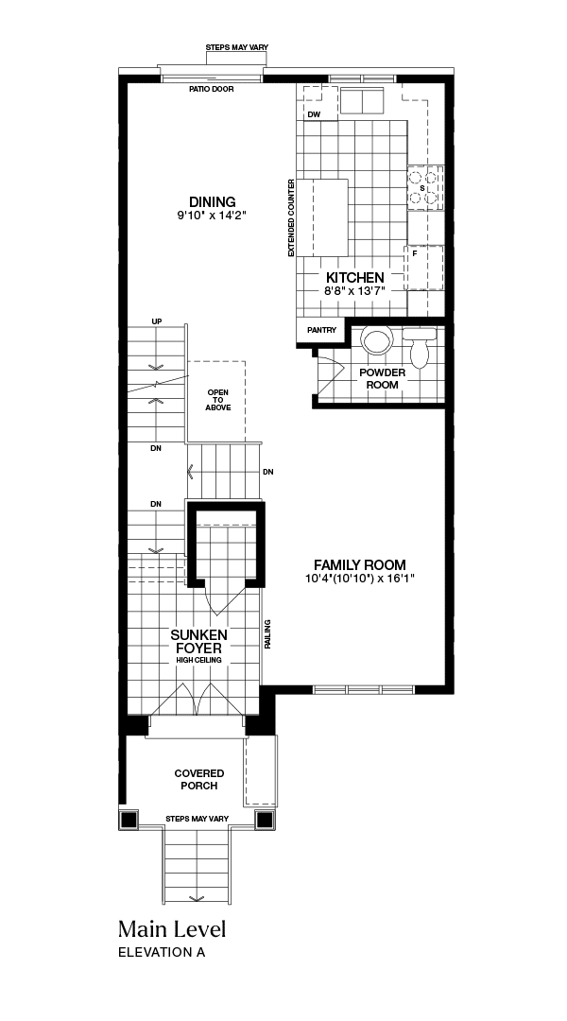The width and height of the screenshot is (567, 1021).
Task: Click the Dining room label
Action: pyautogui.click(x=213, y=202)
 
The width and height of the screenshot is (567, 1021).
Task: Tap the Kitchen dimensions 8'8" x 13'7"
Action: pyautogui.click(x=355, y=291)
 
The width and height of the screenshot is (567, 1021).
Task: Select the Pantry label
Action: pyautogui.click(x=321, y=330)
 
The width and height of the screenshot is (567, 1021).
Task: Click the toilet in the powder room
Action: pyautogui.click(x=420, y=346)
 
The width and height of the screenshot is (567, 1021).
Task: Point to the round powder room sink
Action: pyautogui.click(x=377, y=341)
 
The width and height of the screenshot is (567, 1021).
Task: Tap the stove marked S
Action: pyautogui.click(x=425, y=188)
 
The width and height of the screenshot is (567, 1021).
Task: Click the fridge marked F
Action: pyautogui.click(x=423, y=268)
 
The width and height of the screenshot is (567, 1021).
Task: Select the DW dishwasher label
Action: pyautogui.click(x=315, y=114)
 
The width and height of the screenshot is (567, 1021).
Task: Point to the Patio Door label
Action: pyautogui.click(x=212, y=89)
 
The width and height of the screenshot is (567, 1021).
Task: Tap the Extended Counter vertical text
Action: pyautogui.click(x=291, y=217)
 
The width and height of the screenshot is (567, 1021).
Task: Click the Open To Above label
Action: pyautogui.click(x=218, y=400)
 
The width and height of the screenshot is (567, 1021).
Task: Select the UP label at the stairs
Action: pyautogui.click(x=156, y=321)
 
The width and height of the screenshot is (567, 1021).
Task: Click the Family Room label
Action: pyautogui.click(x=359, y=565)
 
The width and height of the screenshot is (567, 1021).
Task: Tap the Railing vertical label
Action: pyautogui.click(x=267, y=634)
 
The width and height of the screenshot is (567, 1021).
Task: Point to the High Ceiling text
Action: pyautogui.click(x=198, y=660)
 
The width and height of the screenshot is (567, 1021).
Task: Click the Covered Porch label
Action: pyautogui.click(x=199, y=779)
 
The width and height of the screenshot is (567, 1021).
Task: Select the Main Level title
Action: pyautogui.click(x=172, y=928)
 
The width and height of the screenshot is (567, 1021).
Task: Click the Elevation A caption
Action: pyautogui.click(x=162, y=952)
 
